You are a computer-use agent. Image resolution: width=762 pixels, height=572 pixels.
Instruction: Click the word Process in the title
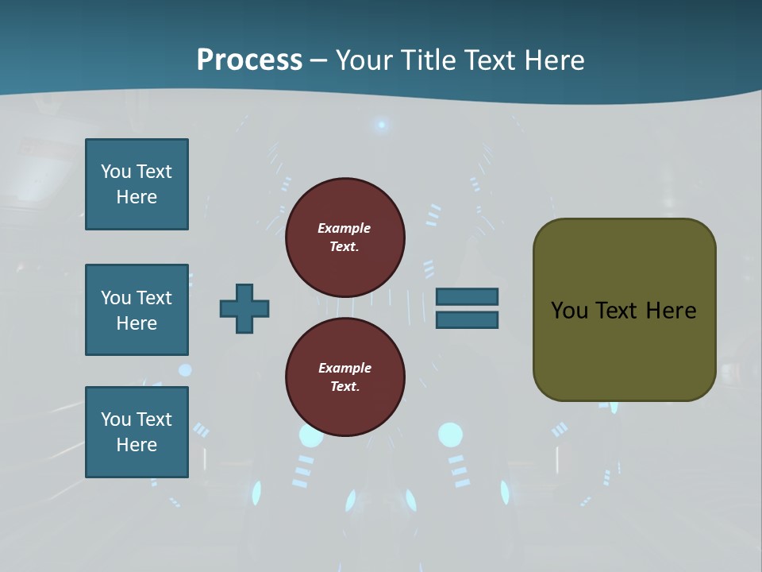point(249,60)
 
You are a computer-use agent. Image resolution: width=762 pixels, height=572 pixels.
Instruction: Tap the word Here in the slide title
point(554,60)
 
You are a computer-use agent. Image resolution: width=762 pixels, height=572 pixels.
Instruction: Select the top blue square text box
point(137,184)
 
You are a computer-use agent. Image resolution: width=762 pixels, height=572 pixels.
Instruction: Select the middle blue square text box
point(137,310)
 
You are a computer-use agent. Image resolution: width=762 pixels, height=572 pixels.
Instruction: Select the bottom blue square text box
point(137,432)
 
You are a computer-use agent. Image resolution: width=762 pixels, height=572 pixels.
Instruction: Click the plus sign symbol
point(244,308)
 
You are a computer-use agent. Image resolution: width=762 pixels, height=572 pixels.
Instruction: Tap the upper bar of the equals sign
point(467,296)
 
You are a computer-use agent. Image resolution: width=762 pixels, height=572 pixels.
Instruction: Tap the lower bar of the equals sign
point(467,320)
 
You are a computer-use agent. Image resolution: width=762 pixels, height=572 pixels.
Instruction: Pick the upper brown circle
point(345,237)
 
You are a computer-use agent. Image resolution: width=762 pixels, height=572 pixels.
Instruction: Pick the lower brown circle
point(345,377)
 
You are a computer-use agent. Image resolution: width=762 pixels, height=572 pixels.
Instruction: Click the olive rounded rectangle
point(624,350)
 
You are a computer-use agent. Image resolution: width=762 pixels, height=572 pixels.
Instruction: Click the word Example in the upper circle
point(344,228)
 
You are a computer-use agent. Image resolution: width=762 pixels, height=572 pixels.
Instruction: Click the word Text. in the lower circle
point(344,386)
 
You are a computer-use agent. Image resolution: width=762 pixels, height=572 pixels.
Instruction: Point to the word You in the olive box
point(569,311)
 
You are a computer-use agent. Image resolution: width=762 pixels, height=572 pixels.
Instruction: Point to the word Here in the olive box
point(671,311)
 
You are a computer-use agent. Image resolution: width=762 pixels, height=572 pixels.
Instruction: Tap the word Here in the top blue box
point(137,197)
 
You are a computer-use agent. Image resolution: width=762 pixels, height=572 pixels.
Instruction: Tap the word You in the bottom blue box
point(116,419)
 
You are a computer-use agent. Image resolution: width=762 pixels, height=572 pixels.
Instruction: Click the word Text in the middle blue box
point(154,298)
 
